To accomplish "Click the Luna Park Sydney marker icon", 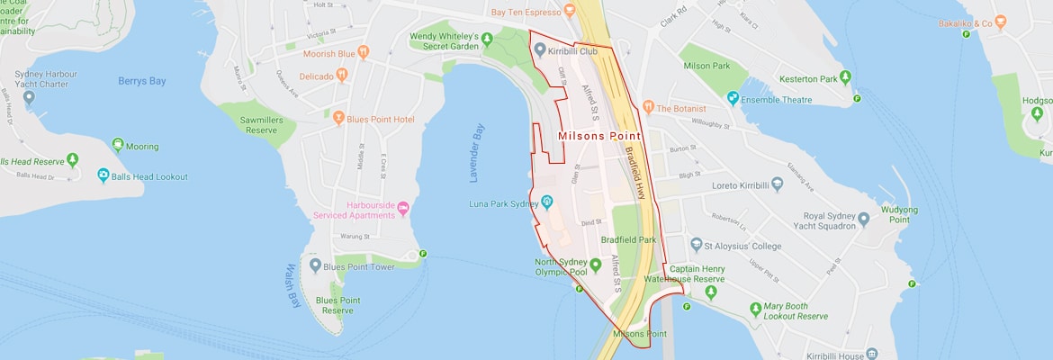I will pos(546,204).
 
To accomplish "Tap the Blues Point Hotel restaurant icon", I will pos(338,118).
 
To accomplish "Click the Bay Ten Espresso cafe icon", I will pos(569,12).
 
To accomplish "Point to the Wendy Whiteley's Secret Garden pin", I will pos(487,38).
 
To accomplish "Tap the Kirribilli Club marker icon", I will pos(539,50).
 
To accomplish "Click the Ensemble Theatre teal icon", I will pos(733,97).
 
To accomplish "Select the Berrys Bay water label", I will pos(142,81).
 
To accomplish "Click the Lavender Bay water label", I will pos(477,153).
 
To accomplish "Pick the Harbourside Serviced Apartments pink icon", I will pos(403,209).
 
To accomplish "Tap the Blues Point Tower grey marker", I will pos(314,266).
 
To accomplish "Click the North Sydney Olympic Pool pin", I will pos(595,263).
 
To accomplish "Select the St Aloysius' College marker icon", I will pos(696,245).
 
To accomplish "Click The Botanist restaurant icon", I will pos(648,108).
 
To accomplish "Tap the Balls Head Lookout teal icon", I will pos(103,176).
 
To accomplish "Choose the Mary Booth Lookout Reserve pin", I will pos(755,310).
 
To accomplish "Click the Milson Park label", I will pos(706,66).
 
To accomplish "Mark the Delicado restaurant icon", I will pos(342,76).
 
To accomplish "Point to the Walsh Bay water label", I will pos(292,286).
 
